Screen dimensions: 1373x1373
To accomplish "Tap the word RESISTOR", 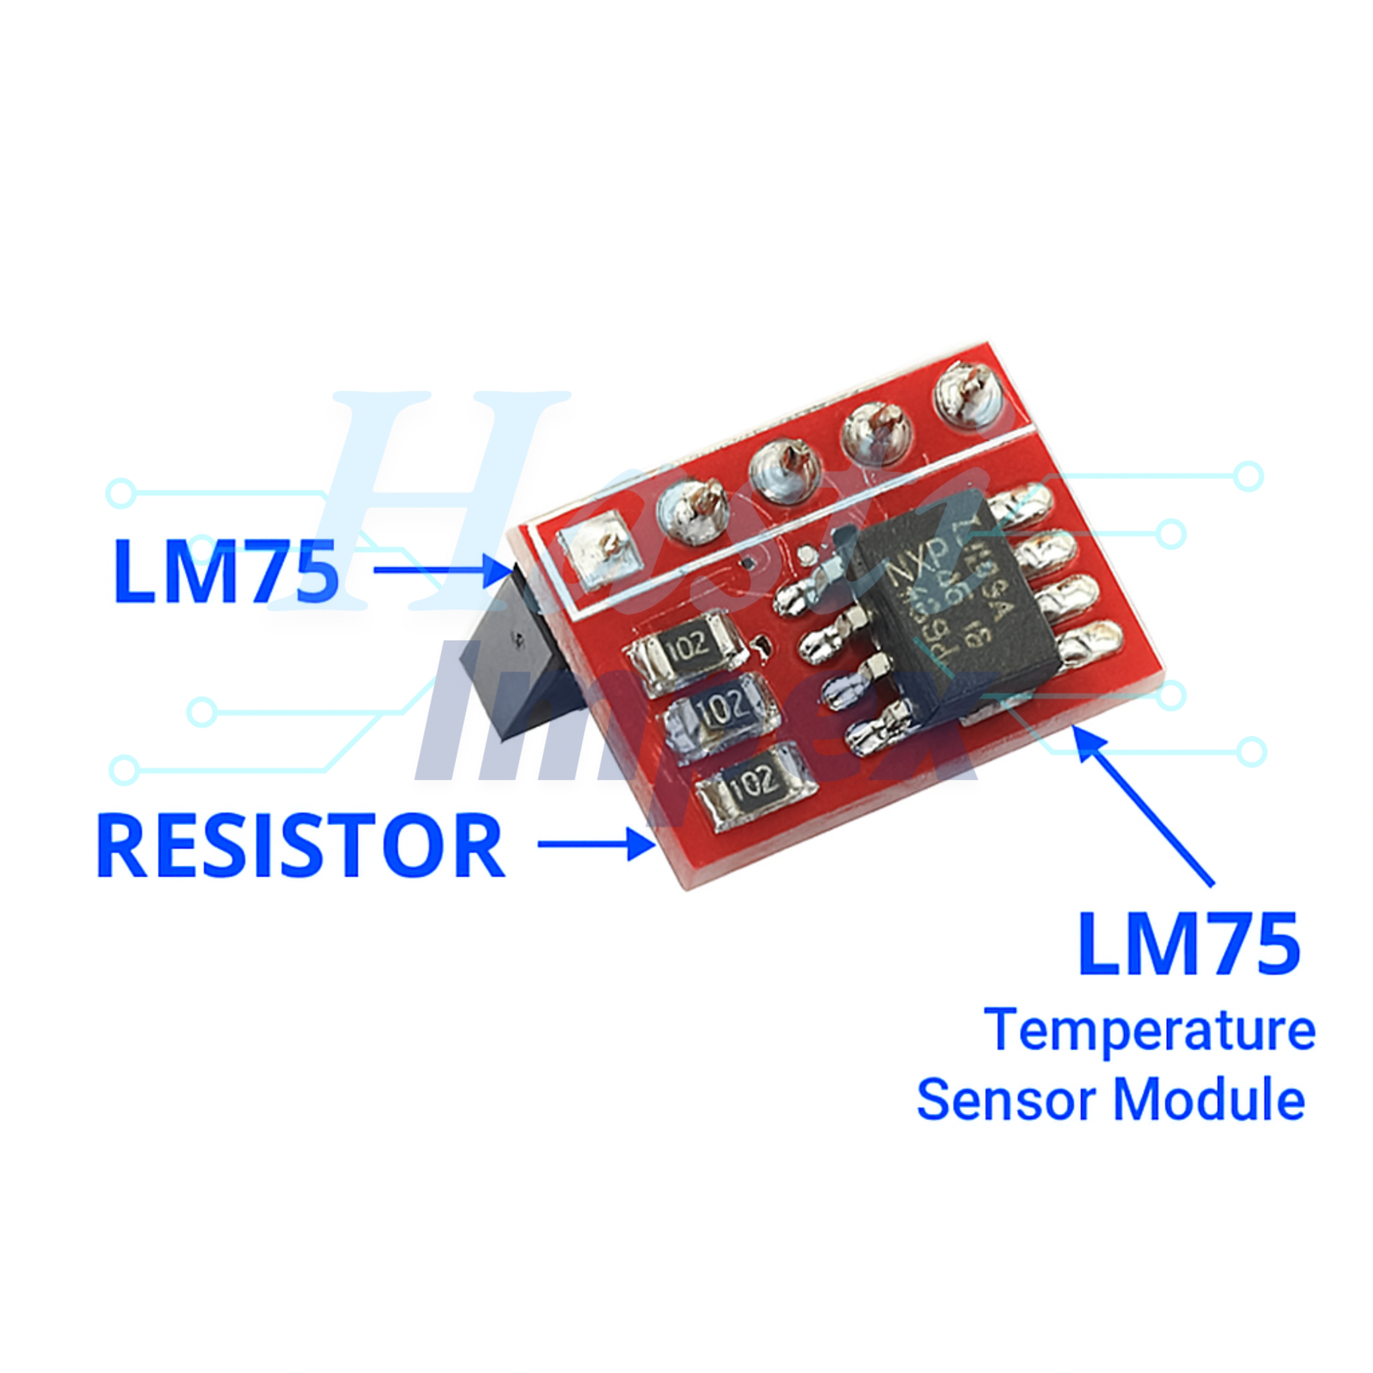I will click(x=300, y=846).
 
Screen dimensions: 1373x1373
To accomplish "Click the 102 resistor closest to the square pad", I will click(x=686, y=649).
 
